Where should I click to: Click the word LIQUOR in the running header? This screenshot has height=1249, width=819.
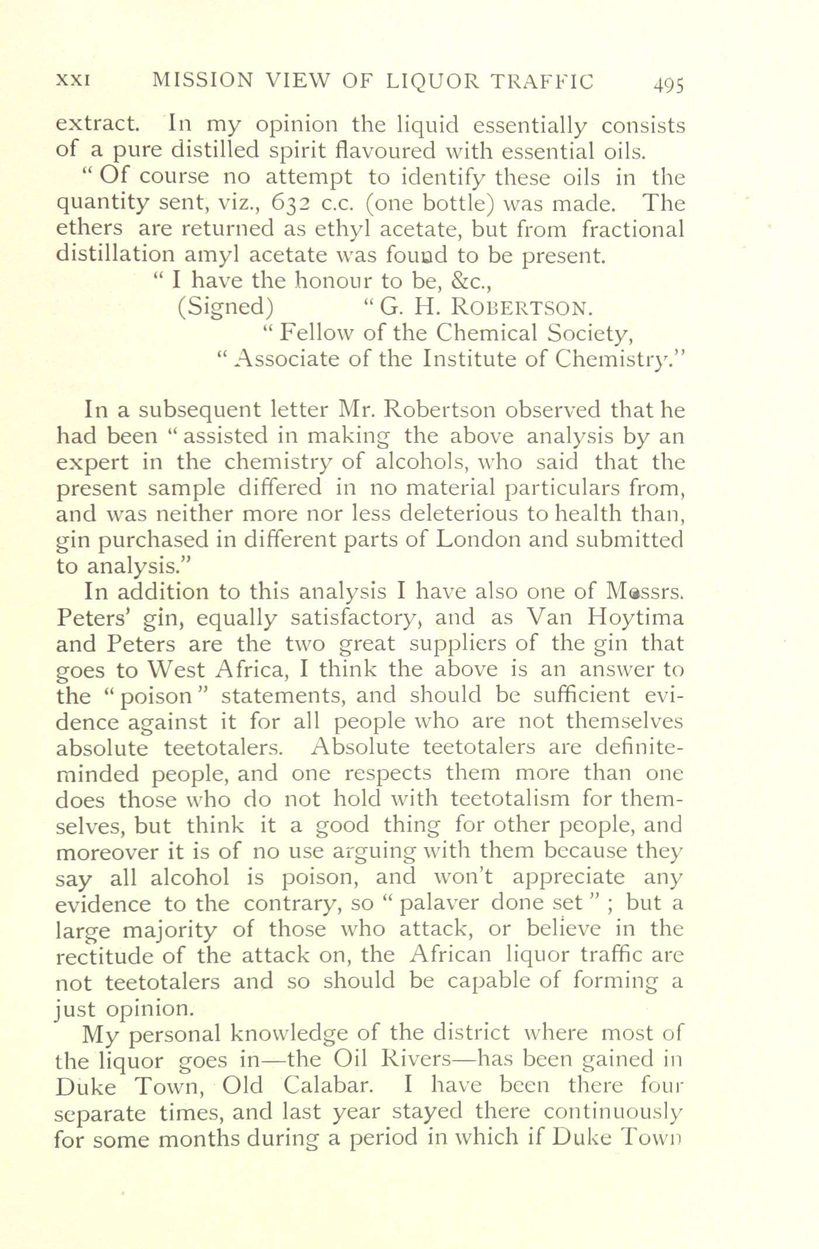pos(431,81)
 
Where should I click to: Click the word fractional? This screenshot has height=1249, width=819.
pos(633,229)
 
